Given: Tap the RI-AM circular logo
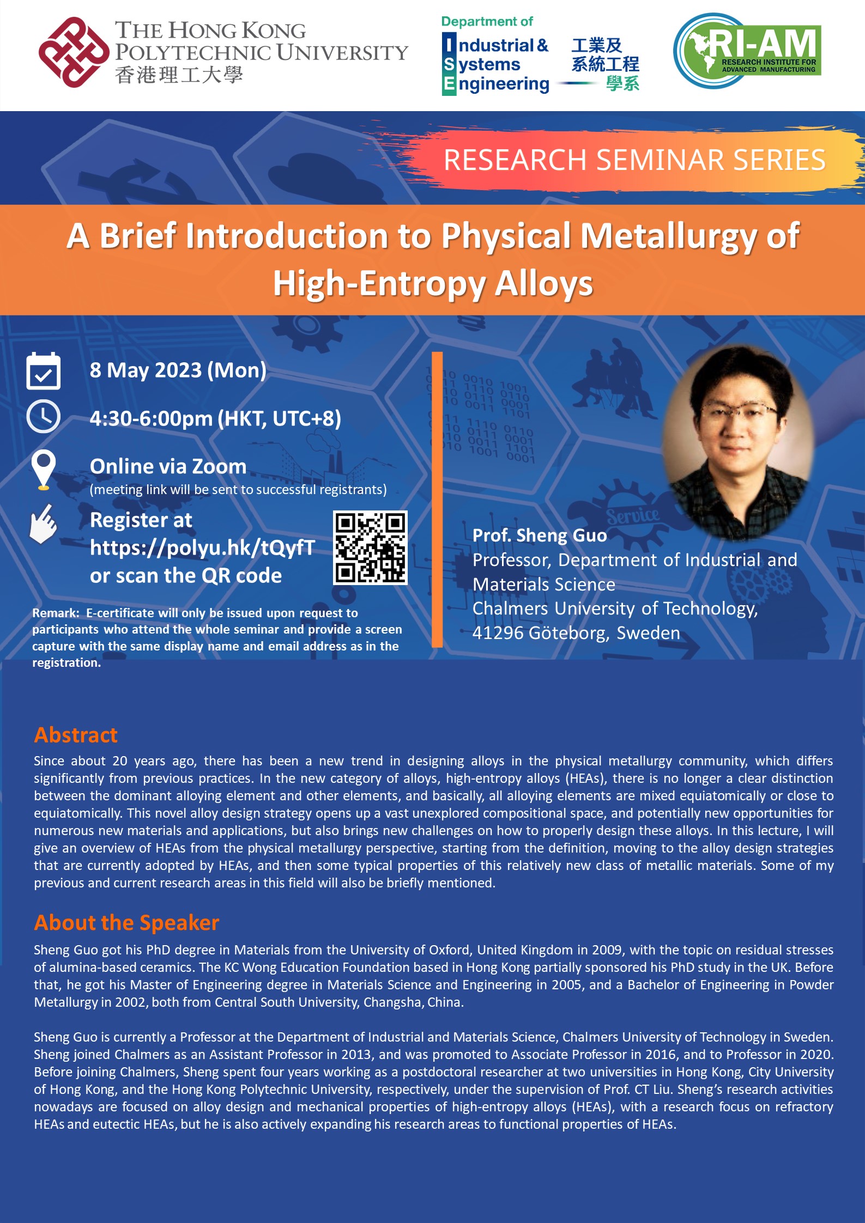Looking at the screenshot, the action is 747,51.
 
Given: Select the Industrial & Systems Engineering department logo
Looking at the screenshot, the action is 540,56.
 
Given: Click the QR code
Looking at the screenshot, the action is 370,547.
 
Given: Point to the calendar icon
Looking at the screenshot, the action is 44,370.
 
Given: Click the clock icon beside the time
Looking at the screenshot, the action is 44,417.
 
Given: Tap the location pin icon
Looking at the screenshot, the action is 44,469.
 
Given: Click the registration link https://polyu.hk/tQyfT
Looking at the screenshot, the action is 202,547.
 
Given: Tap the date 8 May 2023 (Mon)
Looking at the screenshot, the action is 178,370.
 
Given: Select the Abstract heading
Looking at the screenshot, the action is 76,735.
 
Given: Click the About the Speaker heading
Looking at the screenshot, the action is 126,923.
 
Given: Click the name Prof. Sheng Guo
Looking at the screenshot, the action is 540,536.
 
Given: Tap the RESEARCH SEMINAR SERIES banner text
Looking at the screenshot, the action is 634,160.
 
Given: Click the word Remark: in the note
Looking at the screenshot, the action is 56,613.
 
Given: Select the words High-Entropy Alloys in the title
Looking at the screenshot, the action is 433,284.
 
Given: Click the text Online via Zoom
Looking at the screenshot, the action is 168,466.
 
